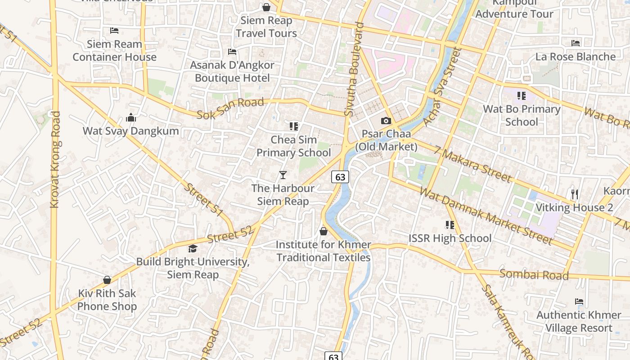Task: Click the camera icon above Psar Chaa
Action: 386,121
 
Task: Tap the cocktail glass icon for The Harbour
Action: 283,175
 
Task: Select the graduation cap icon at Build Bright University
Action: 193,248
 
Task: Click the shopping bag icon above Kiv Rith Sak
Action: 107,280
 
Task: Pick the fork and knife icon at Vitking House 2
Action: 574,194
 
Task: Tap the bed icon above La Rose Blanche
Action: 576,43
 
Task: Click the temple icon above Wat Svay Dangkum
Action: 131,118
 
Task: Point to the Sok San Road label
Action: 230,108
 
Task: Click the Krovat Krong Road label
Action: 55,160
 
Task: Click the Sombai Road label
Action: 534,274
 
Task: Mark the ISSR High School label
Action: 450,238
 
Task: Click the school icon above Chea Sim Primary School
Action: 294,126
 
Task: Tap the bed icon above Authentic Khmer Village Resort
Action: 579,301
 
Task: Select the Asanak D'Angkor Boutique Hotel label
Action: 232,72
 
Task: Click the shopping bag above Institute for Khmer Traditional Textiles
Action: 323,232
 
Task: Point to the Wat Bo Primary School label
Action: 522,115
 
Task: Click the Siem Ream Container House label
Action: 114,50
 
